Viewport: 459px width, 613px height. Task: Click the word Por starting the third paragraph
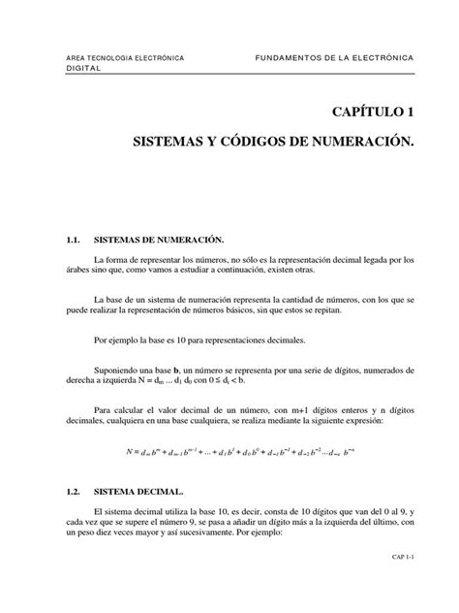101,340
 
